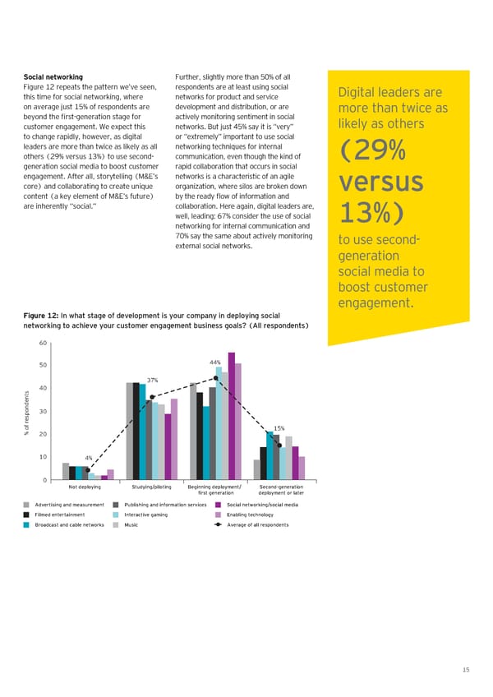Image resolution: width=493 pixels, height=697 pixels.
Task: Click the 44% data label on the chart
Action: coord(215,362)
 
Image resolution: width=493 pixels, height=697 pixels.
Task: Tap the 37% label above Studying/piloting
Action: coord(152,380)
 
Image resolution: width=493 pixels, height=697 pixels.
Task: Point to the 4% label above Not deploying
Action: coord(89,458)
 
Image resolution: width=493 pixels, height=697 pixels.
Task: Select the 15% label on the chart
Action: coord(279,428)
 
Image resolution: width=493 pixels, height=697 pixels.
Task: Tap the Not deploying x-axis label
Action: coord(85,487)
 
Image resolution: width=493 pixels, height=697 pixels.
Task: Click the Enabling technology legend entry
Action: coord(244,515)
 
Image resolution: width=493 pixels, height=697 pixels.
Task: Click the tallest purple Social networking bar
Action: coord(232,415)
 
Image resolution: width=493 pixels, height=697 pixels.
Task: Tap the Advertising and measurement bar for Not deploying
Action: coord(66,471)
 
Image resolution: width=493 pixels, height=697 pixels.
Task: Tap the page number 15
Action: coord(466,671)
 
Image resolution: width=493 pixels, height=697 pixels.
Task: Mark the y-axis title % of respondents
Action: coord(26,411)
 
